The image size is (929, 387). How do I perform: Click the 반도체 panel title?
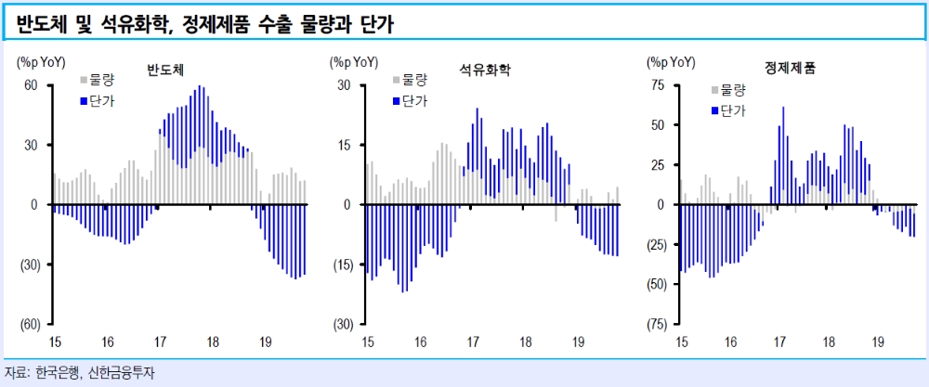click(x=165, y=70)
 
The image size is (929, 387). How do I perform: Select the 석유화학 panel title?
click(x=484, y=70)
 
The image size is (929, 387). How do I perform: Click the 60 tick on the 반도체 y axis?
click(x=31, y=85)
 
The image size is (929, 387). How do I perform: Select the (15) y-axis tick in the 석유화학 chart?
click(x=342, y=264)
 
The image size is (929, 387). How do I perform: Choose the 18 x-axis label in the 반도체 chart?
click(x=213, y=342)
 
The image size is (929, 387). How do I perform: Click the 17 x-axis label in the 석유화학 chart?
click(x=472, y=342)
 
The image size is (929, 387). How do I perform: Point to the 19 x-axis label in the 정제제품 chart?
click(x=877, y=342)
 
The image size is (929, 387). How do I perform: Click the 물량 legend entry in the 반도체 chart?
click(x=102, y=80)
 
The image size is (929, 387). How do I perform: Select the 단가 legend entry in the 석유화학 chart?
click(x=416, y=100)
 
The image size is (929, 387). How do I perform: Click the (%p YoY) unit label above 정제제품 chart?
click(x=671, y=62)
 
